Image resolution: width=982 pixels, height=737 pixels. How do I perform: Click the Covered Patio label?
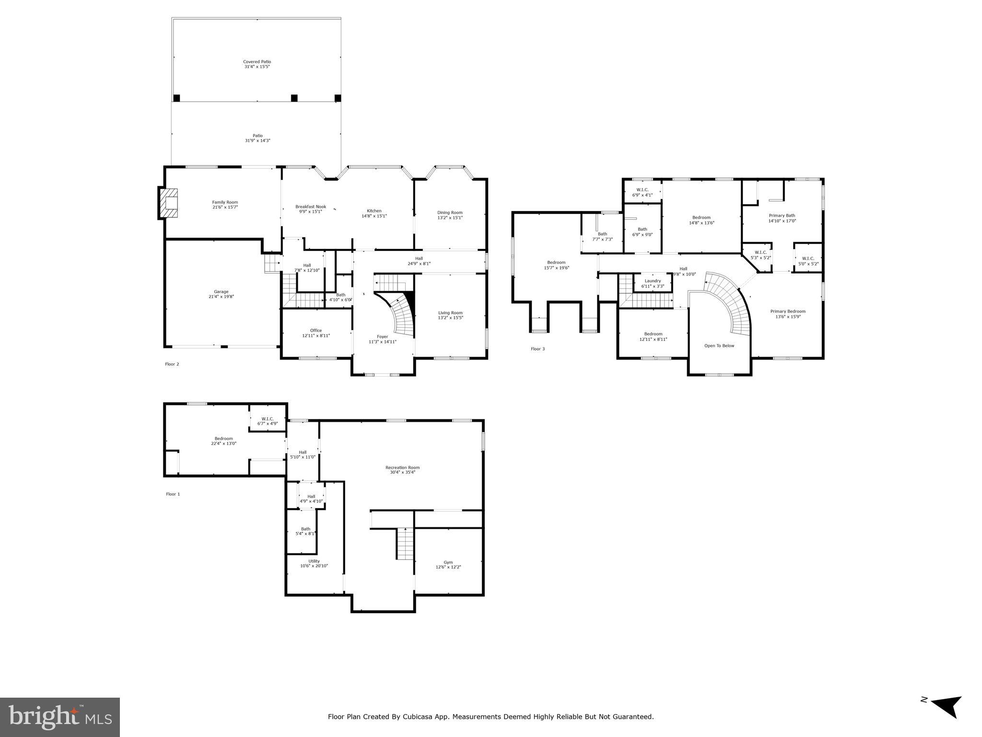tap(257, 62)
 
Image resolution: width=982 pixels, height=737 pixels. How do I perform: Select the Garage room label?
tap(221, 292)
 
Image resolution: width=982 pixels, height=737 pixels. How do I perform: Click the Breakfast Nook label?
tap(310, 207)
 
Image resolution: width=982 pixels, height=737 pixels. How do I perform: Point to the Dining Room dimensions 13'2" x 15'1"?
tap(450, 218)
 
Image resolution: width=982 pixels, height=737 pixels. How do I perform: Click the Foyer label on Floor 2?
tap(382, 337)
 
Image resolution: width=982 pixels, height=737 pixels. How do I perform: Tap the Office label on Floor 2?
tap(316, 331)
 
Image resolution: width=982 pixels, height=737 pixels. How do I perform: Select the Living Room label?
tap(450, 313)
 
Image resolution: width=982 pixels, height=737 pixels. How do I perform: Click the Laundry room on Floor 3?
tap(653, 281)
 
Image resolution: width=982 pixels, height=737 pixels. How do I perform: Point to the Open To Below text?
tap(719, 346)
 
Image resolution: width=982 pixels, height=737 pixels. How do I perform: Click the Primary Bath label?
tap(782, 216)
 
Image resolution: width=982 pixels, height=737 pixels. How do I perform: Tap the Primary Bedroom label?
tap(788, 311)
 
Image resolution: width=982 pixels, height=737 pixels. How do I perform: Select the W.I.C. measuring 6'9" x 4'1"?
tap(643, 192)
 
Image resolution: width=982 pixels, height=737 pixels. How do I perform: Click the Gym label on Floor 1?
tap(448, 562)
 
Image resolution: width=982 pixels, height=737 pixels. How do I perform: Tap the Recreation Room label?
tap(402, 468)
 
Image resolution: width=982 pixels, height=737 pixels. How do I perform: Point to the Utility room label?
tap(314, 561)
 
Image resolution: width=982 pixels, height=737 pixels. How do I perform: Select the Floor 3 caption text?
tap(538, 349)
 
